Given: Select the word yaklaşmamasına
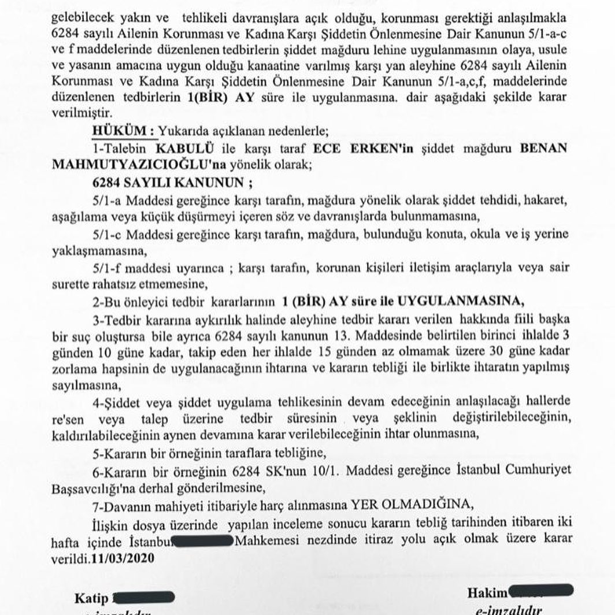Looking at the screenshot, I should click(x=95, y=251).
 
